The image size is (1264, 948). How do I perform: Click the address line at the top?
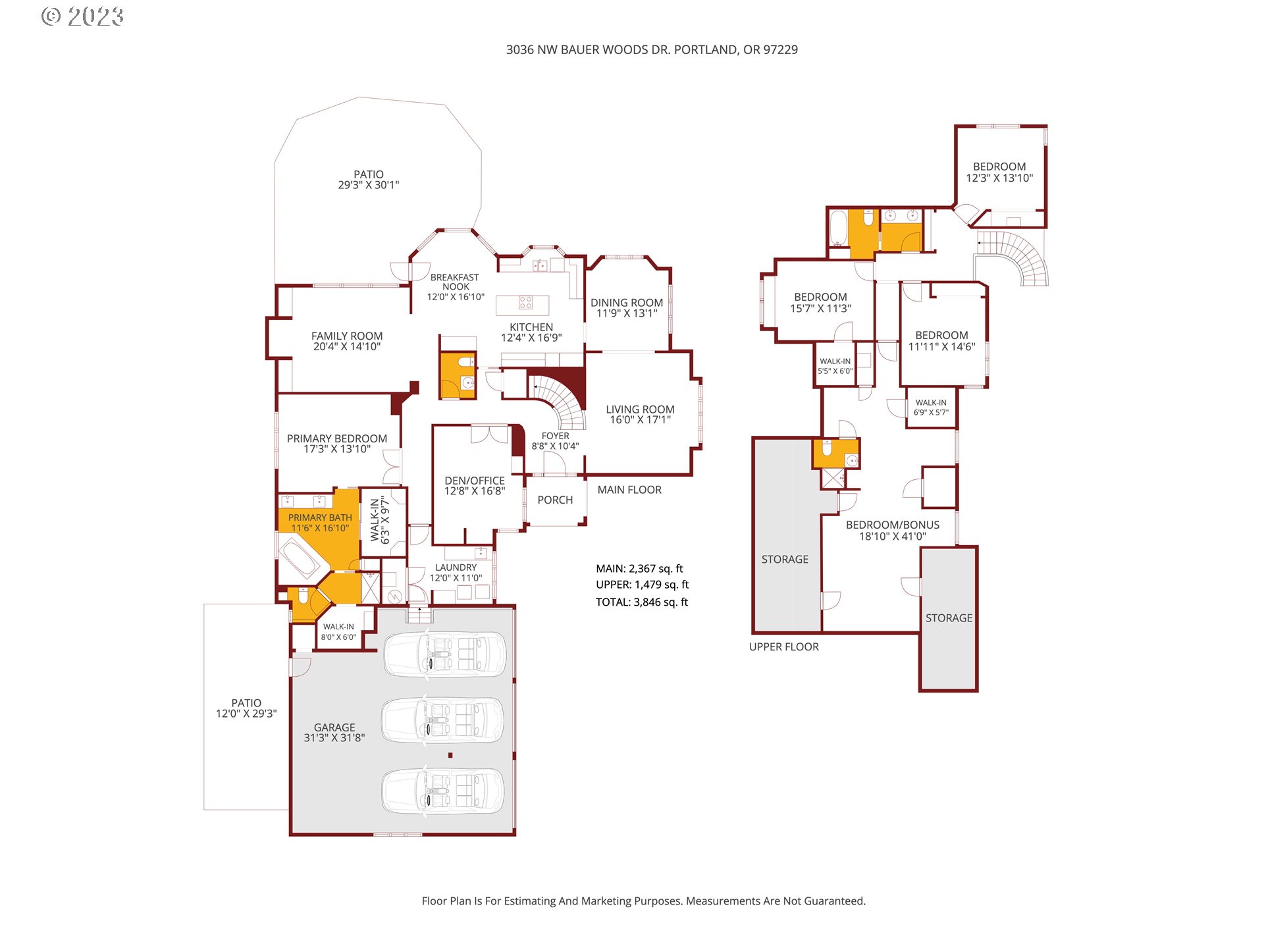pos(651,49)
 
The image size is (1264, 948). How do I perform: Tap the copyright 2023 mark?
pos(83,16)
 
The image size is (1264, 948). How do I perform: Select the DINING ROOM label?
pos(626,303)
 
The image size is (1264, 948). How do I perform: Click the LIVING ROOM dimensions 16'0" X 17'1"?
pos(640,420)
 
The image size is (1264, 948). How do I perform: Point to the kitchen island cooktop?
pos(525,303)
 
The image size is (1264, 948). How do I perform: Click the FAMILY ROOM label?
pos(346,336)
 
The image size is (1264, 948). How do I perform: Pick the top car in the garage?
pos(445,654)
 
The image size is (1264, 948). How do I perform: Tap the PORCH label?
pos(555,500)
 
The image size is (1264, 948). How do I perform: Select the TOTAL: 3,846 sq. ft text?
pos(642,602)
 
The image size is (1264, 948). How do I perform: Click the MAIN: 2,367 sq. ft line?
pos(639,569)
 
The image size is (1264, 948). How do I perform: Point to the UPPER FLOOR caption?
pos(783,647)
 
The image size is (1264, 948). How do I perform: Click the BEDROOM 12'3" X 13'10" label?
pos(999,172)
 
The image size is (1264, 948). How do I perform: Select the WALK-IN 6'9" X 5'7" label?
pos(931,408)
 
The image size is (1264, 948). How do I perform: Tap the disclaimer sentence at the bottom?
pos(643,901)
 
